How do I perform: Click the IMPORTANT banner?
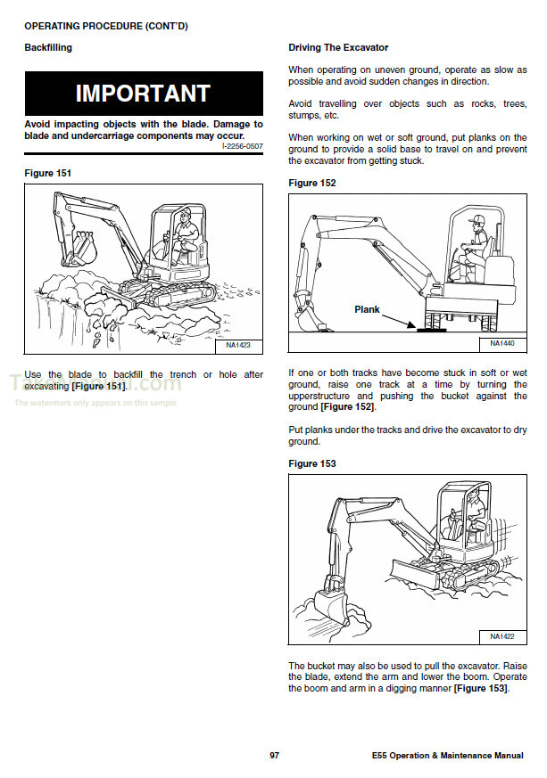pyautogui.click(x=143, y=94)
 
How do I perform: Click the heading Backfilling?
pyautogui.click(x=48, y=47)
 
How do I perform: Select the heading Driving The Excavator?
pyautogui.click(x=338, y=47)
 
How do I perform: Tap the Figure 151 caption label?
pyautogui.click(x=48, y=173)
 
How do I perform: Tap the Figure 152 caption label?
pyautogui.click(x=313, y=184)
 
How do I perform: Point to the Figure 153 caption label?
pyautogui.click(x=313, y=463)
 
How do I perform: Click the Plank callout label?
pyautogui.click(x=367, y=310)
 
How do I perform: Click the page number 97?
pyautogui.click(x=275, y=756)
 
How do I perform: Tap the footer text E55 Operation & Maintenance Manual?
pyautogui.click(x=448, y=756)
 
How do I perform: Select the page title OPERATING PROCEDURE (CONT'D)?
pyautogui.click(x=106, y=26)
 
